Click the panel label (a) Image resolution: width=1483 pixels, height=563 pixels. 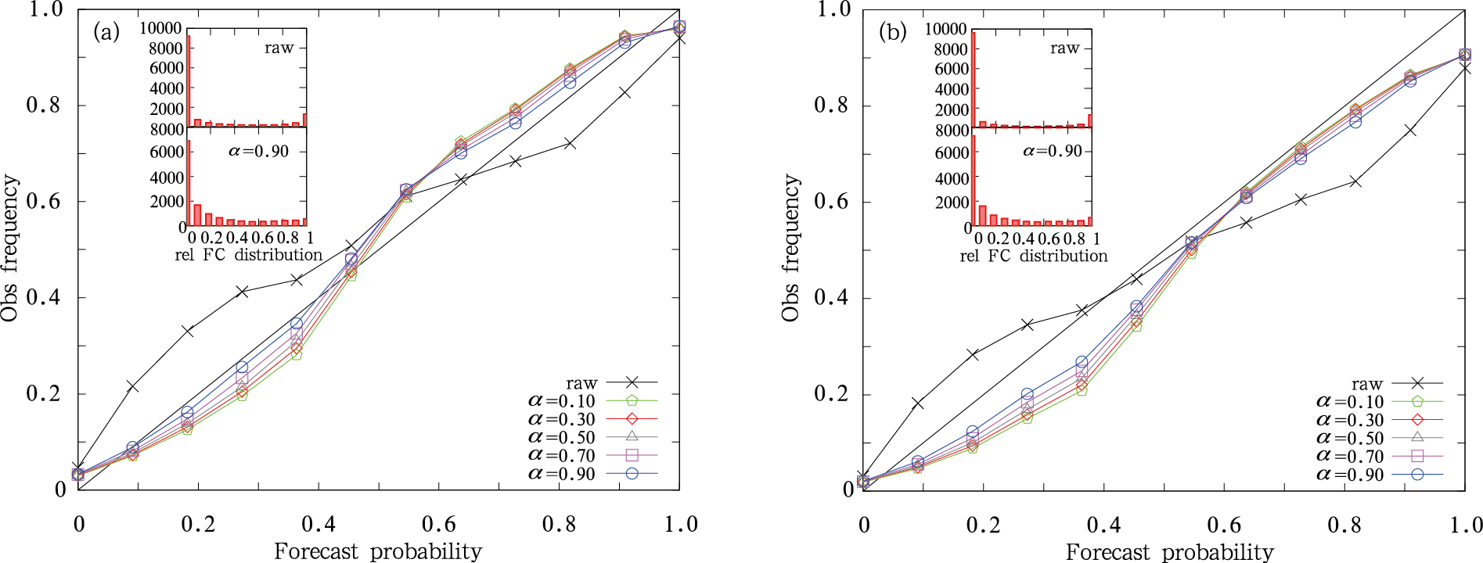tap(106, 32)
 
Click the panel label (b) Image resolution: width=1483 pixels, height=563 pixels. tap(892, 32)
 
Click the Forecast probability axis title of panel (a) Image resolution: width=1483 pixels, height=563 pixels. tap(378, 551)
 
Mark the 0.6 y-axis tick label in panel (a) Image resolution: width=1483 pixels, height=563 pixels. tap(43, 201)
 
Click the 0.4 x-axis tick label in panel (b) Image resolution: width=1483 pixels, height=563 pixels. tap(1104, 525)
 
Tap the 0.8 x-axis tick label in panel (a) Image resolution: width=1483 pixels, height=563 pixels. tap(559, 524)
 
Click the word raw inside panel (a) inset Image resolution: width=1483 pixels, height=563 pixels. tap(279, 48)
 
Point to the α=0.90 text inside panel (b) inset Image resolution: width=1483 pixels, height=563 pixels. tap(1053, 151)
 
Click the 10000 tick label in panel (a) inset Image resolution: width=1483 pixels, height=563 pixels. tap(160, 29)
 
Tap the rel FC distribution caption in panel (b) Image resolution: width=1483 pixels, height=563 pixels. tap(1033, 256)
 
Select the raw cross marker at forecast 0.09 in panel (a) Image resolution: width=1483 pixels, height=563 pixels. tap(132, 386)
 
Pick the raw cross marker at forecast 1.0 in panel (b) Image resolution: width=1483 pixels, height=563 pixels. tap(1464, 70)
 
